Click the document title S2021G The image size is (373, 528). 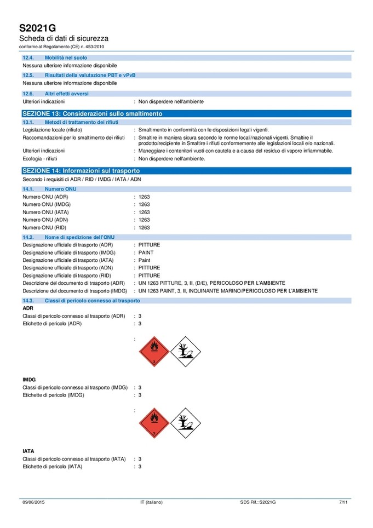point(37,28)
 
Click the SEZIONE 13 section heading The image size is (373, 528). point(92,113)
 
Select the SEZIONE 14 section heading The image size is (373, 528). point(81,171)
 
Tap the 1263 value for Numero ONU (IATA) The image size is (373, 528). point(144,212)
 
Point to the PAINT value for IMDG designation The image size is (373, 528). point(146,252)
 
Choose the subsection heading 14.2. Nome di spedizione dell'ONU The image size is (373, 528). point(81,237)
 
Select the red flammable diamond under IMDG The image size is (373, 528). point(154,423)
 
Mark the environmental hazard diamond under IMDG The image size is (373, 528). point(186,423)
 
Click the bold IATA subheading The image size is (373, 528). point(28,451)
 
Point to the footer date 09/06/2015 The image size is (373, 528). point(33,502)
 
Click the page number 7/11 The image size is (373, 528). point(343,502)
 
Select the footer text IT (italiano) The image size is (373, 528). point(151,502)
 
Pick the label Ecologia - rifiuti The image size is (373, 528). point(40,159)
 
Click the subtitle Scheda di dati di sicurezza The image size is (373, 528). point(64,38)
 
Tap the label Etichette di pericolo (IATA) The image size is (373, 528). point(52,467)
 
